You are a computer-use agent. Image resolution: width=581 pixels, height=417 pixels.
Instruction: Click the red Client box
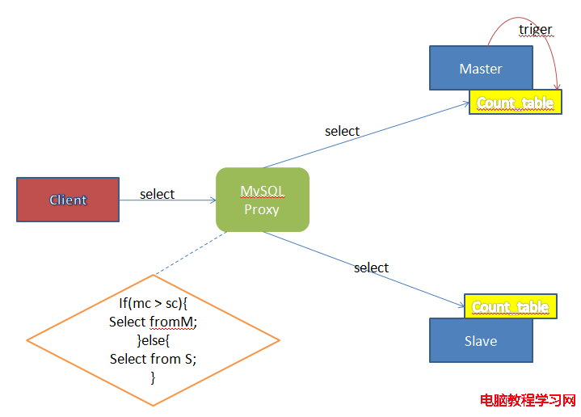[68, 200]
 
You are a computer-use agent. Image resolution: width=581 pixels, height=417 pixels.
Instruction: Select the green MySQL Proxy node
[263, 200]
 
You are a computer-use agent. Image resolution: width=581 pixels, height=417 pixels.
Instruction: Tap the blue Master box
[481, 68]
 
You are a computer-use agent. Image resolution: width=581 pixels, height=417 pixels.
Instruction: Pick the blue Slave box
[481, 340]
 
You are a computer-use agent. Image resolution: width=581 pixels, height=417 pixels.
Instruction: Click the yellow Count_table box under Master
[516, 102]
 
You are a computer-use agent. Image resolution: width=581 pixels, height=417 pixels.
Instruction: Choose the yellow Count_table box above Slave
[511, 306]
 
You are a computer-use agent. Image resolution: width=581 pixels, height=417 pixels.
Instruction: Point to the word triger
[536, 29]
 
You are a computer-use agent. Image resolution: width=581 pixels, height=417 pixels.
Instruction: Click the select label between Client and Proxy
[157, 194]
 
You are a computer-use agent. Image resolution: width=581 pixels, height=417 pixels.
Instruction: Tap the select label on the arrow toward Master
[343, 131]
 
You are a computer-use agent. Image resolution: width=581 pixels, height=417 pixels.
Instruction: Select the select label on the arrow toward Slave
[371, 267]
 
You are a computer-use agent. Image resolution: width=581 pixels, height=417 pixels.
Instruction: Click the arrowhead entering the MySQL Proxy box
[213, 200]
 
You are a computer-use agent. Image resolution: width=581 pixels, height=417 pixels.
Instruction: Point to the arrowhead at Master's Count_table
[466, 104]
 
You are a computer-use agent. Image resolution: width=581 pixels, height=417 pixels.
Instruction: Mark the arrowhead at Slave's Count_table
[461, 305]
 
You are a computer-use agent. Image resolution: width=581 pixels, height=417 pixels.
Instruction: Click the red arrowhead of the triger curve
[557, 86]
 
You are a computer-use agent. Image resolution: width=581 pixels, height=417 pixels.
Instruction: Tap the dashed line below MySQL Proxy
[192, 253]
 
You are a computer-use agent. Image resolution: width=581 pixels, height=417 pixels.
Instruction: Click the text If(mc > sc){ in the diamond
[153, 303]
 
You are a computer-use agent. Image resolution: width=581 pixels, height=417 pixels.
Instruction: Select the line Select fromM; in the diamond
[153, 322]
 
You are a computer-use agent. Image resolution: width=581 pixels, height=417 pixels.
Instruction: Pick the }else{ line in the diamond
[153, 340]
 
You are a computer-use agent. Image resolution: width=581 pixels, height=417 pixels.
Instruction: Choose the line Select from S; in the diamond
[153, 359]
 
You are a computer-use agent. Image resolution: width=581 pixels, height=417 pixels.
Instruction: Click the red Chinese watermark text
[528, 400]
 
